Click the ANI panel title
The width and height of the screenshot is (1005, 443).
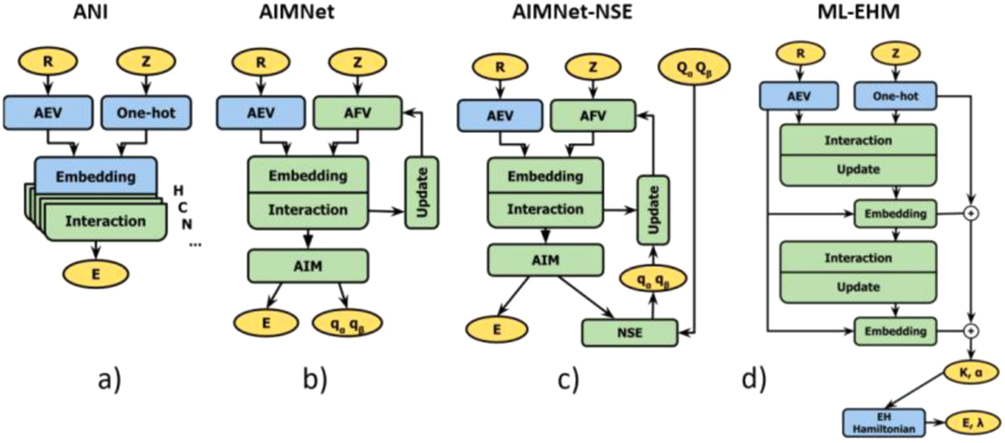point(90,11)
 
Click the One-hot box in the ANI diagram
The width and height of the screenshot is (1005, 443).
point(146,113)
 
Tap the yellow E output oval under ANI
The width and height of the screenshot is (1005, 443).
point(96,274)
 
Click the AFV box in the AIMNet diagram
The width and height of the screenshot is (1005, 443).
point(357,113)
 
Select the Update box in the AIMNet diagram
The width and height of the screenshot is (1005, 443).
point(422,193)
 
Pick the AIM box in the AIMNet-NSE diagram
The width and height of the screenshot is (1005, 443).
point(545,260)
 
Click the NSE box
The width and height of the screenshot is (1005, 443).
point(629,333)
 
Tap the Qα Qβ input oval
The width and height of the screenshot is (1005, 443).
point(694,68)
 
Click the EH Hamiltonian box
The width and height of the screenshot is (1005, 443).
point(883,423)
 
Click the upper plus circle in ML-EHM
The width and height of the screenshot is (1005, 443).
point(971,213)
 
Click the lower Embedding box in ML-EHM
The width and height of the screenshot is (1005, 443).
point(895,332)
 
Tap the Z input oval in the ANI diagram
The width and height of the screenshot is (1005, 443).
point(146,62)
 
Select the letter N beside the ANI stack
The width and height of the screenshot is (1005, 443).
point(187,224)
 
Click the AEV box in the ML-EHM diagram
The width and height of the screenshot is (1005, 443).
point(799,96)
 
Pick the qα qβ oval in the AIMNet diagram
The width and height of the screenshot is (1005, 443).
point(348,324)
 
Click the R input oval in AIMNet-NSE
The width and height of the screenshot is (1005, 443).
point(500,67)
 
